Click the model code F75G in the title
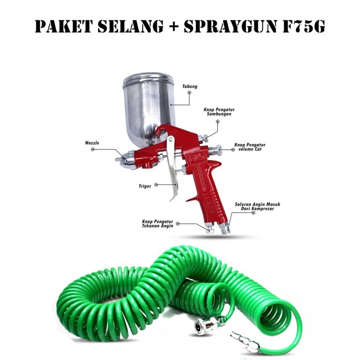303,26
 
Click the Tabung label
190,87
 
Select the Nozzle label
92,143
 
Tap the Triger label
144,187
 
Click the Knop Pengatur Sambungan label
217,111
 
